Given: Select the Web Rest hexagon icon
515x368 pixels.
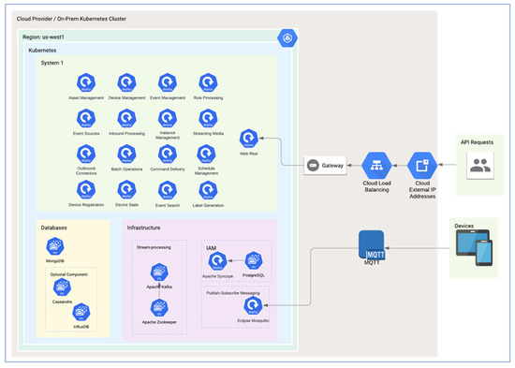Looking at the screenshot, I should (x=248, y=138).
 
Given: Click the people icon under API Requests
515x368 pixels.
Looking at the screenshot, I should (x=479, y=167).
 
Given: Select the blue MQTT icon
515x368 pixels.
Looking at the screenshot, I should (x=375, y=245).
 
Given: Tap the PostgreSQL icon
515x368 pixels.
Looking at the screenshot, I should (x=252, y=259).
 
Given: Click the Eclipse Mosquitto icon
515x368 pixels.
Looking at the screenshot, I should (x=252, y=304).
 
